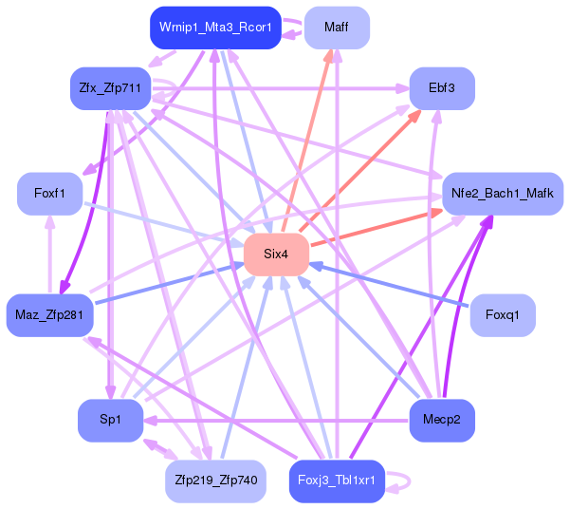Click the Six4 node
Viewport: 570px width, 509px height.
[x=276, y=254]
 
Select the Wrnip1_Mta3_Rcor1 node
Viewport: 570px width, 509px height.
[x=215, y=28]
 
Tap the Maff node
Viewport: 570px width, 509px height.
[x=337, y=28]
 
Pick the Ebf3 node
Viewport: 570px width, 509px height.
[x=442, y=88]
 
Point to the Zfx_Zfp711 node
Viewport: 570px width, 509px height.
[x=111, y=88]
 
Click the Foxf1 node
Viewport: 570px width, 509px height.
[x=50, y=194]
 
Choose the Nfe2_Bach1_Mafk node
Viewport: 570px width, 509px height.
[x=503, y=194]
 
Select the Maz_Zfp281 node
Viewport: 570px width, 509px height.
[x=50, y=315]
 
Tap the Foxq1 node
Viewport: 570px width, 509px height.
[x=503, y=315]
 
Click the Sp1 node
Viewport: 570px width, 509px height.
[x=111, y=420]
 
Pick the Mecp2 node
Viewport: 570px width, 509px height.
[x=442, y=420]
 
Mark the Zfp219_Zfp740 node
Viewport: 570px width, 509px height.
[x=215, y=481]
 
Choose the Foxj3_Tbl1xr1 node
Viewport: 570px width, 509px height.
[x=337, y=481]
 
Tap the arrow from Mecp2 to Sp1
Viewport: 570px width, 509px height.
[x=276, y=421]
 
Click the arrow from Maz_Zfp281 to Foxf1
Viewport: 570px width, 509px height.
[x=50, y=254]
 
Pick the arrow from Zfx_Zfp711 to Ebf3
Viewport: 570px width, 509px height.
[x=280, y=88]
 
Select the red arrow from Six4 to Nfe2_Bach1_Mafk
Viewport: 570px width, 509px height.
[x=377, y=228]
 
